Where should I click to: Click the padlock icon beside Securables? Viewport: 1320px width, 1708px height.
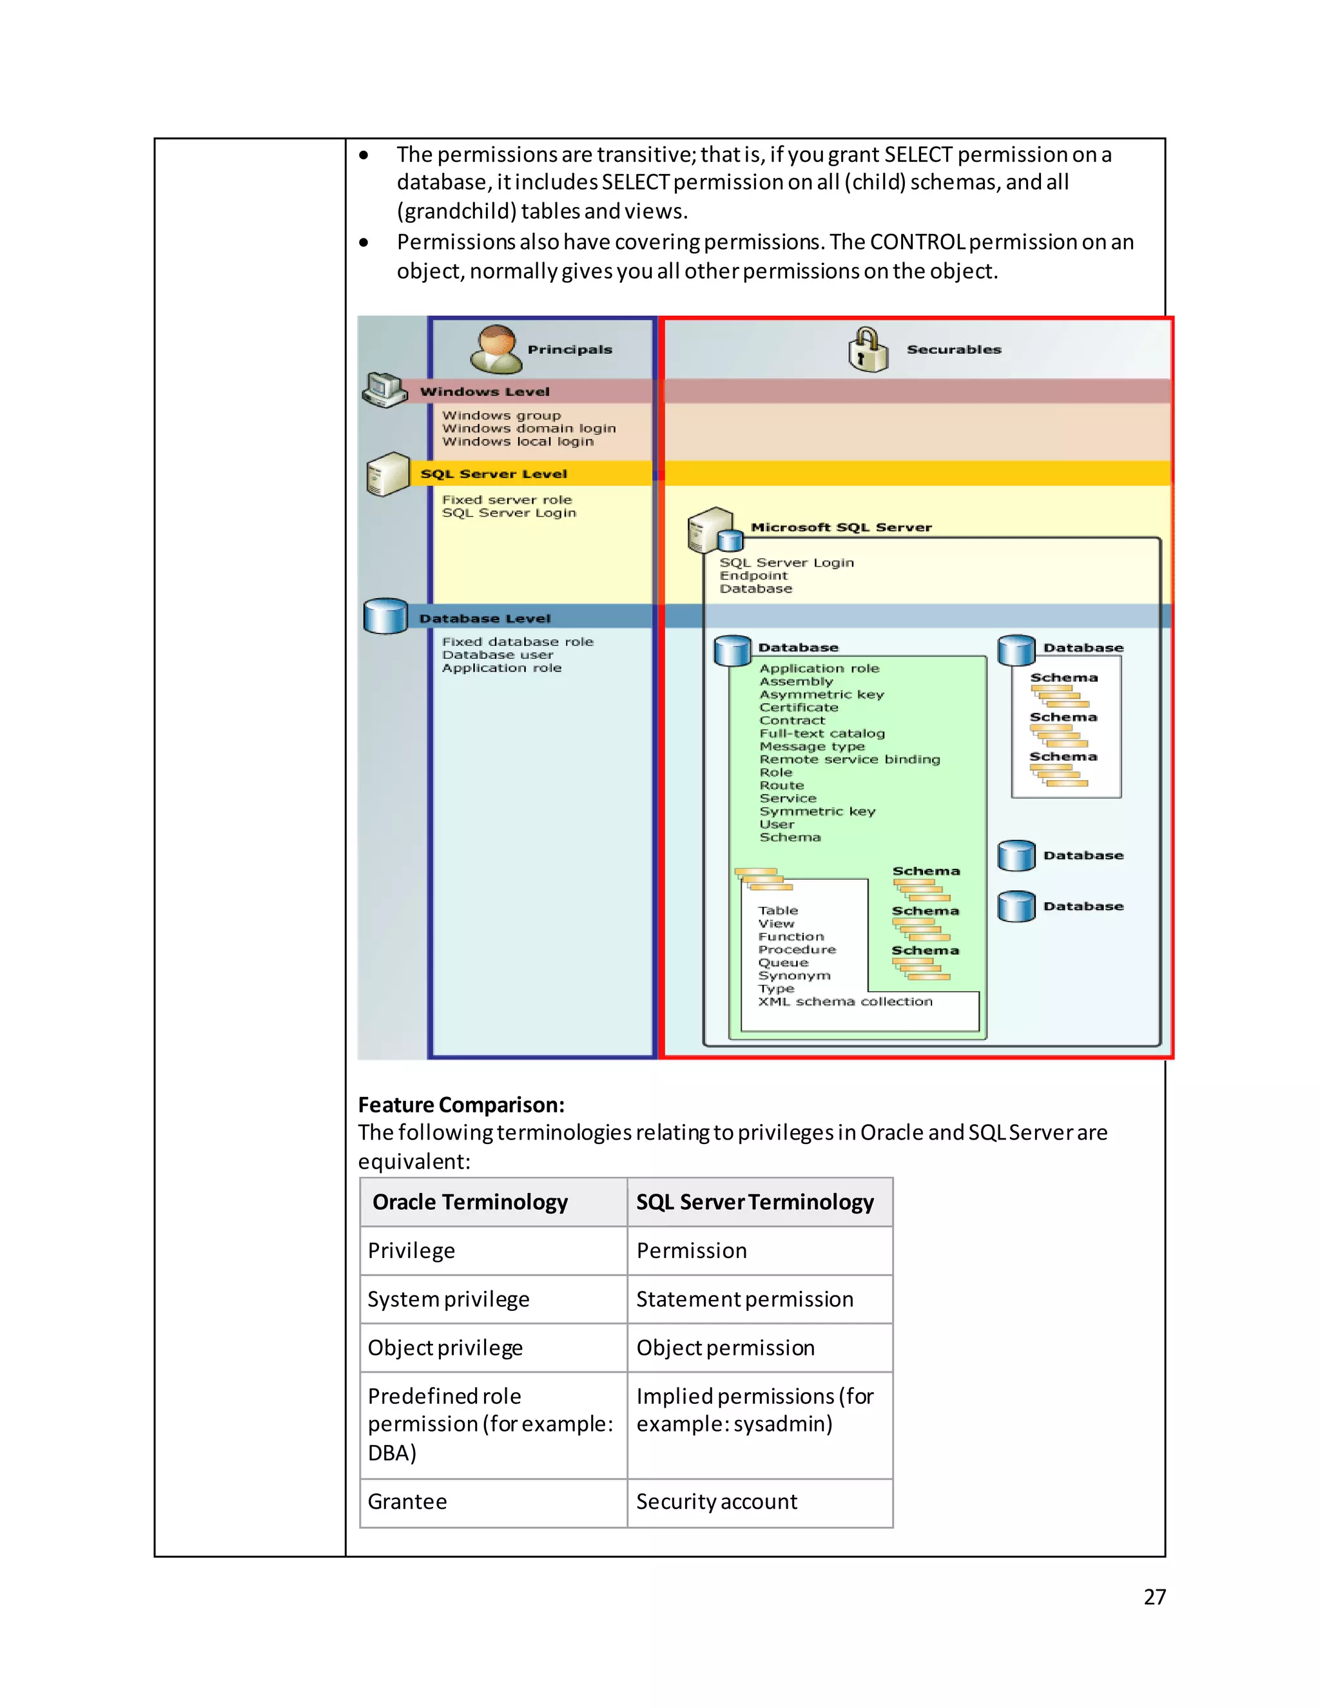click(x=868, y=349)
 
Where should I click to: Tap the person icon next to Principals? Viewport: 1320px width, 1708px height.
click(x=496, y=349)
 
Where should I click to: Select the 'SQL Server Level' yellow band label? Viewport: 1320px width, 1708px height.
click(x=494, y=474)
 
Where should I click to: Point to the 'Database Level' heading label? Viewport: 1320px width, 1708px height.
click(x=485, y=619)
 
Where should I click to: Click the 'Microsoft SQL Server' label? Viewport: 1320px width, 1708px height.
click(x=840, y=527)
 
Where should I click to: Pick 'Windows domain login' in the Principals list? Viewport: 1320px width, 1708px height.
click(x=529, y=429)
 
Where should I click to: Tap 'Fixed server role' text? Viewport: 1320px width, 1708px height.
click(x=507, y=500)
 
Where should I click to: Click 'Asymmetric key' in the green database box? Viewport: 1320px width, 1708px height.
click(x=821, y=694)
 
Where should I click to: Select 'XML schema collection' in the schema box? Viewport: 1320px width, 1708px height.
click(x=844, y=1002)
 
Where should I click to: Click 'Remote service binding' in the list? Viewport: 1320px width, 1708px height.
click(x=849, y=759)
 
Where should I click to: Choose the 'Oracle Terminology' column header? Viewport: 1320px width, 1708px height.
click(x=470, y=1202)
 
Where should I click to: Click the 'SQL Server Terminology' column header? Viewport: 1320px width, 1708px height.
click(x=755, y=1202)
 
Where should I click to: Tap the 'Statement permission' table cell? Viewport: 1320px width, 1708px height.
click(x=744, y=1299)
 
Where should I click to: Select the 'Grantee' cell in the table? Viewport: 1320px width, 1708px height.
click(x=407, y=1502)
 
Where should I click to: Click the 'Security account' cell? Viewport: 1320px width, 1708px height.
click(x=716, y=1502)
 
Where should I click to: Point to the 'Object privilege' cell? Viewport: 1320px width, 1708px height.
click(x=445, y=1348)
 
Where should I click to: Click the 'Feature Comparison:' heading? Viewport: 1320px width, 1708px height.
click(x=461, y=1104)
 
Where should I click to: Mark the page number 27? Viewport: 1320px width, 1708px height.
click(x=1154, y=1597)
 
